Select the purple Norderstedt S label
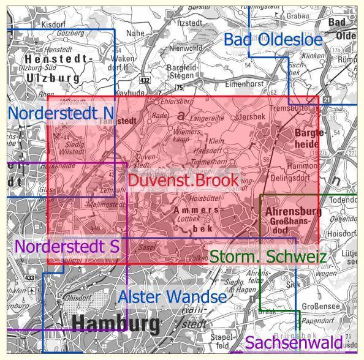tap(67, 247)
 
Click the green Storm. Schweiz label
tap(268, 257)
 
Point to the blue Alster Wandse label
tap(172, 297)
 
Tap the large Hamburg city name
tap(116, 323)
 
